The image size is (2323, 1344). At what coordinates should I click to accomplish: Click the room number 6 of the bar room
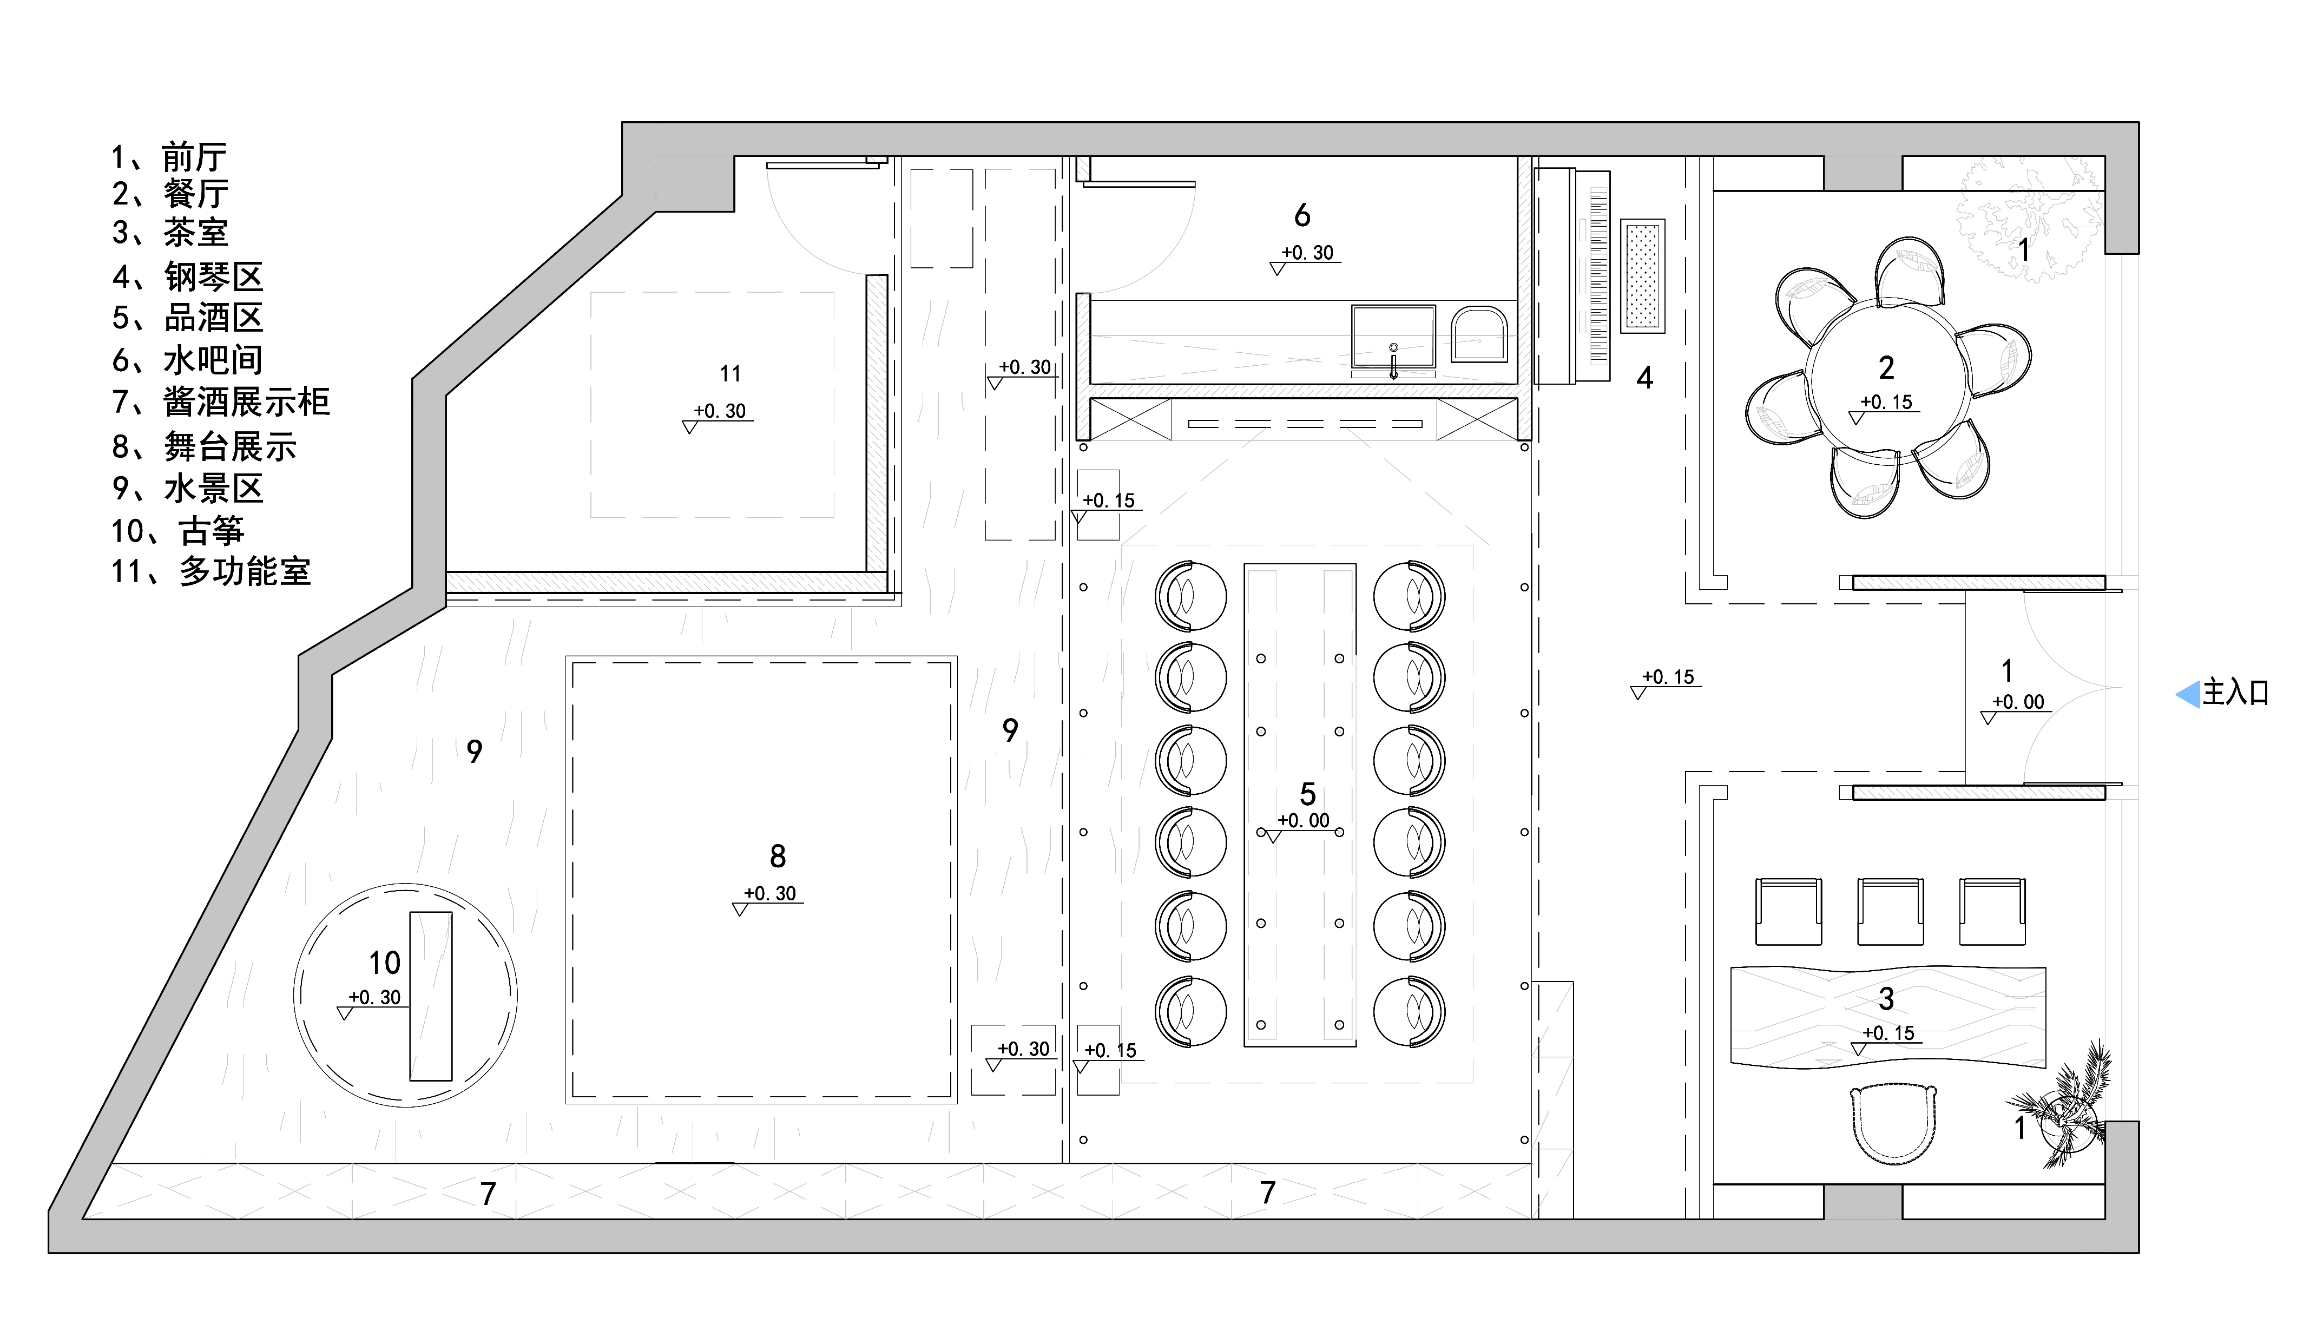(1301, 216)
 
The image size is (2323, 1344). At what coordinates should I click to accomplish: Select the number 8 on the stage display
(777, 857)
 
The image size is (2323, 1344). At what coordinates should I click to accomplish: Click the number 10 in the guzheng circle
(384, 963)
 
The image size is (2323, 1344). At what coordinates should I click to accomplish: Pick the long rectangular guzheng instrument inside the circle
(431, 996)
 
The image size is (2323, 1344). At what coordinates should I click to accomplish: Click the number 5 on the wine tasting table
(1307, 794)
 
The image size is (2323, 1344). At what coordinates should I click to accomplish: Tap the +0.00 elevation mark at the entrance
(2017, 702)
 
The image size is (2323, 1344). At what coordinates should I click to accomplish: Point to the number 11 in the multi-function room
(730, 373)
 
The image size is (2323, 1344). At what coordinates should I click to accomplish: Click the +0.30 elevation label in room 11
(720, 411)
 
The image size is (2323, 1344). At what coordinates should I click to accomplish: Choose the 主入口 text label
(2235, 692)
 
